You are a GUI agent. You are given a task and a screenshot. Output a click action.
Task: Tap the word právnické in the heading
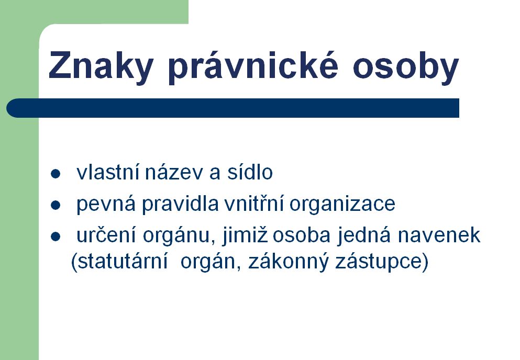click(253, 66)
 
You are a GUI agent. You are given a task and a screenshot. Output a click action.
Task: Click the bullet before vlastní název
click(56, 174)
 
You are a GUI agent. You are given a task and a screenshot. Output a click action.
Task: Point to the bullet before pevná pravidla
click(56, 205)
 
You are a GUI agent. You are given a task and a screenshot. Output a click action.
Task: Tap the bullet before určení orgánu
click(56, 237)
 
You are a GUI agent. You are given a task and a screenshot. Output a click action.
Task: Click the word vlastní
click(107, 172)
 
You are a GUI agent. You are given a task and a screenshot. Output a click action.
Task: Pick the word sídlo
click(250, 172)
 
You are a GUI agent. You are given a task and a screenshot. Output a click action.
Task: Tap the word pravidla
click(181, 204)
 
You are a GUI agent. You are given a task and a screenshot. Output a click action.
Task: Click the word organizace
click(342, 204)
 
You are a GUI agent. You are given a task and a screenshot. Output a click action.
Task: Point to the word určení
click(106, 235)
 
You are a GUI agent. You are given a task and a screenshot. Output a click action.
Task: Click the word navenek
click(439, 235)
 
